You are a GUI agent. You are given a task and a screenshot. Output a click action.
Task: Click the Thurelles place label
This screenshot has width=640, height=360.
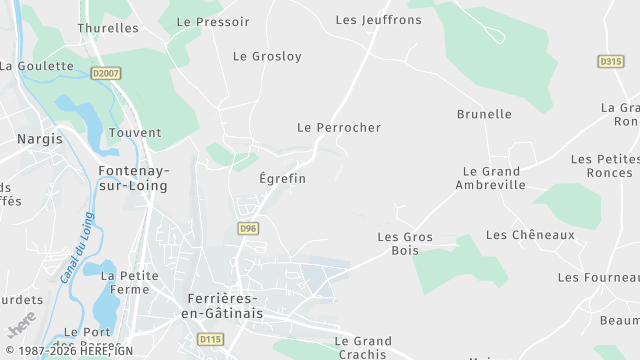108,28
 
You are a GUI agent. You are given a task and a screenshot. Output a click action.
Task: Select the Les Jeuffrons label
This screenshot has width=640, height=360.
379,19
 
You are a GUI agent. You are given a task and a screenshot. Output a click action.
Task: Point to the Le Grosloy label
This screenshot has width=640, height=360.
267,56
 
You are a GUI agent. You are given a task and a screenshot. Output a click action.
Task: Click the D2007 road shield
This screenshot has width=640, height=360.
104,73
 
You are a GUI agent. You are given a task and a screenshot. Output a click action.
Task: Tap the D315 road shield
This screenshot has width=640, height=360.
611,61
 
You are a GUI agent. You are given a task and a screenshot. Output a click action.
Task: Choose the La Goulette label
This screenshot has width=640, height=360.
37,66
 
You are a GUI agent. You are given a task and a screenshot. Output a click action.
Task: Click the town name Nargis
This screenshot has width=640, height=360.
40,139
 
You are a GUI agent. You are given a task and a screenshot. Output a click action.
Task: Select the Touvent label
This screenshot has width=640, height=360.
135,132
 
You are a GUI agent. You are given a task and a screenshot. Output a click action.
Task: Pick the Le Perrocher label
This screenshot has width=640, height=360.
339,128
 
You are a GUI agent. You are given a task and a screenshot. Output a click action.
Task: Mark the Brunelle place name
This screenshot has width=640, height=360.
484,114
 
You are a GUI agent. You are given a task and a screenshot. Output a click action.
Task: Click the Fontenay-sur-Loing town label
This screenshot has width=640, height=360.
134,178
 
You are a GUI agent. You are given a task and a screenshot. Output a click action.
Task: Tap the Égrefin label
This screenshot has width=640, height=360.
282,178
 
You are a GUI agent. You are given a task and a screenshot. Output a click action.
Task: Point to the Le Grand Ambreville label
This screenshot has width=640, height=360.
490,178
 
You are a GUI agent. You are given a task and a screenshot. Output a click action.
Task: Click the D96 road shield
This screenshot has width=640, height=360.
249,229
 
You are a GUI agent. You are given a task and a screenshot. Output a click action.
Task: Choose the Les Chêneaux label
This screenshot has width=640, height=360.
530,235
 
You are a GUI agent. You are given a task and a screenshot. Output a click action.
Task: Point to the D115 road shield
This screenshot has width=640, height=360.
210,340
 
